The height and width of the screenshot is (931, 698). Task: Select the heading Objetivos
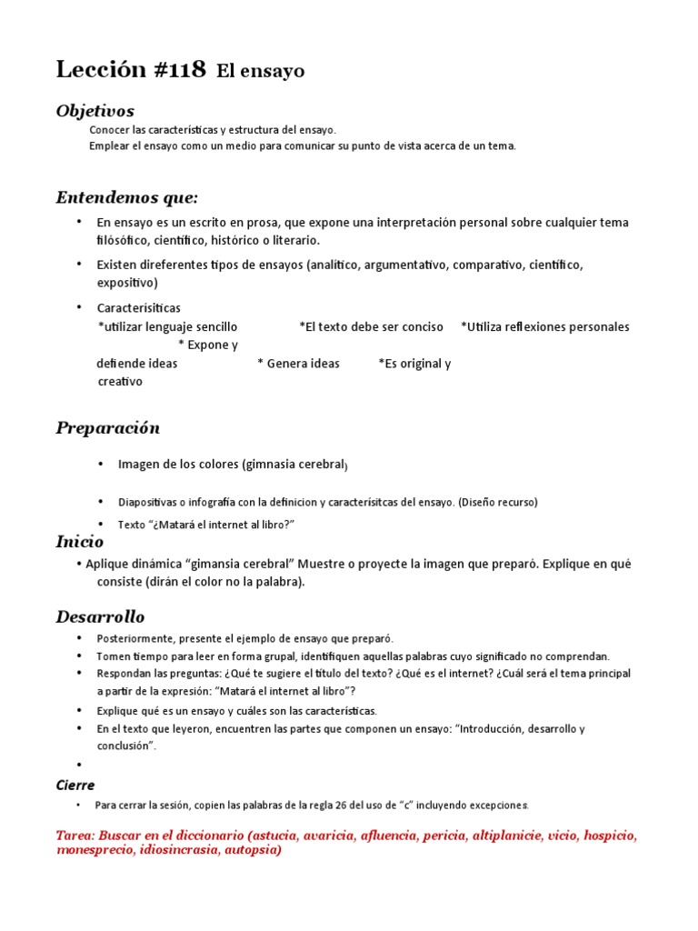95,111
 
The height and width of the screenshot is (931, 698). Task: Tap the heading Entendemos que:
126,197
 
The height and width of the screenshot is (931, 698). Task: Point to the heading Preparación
107,427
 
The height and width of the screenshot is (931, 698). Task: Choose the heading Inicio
79,542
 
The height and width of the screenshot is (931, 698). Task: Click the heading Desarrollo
100,617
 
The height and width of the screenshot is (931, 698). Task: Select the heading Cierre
75,785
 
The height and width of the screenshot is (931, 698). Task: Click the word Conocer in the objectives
109,131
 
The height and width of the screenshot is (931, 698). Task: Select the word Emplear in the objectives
109,145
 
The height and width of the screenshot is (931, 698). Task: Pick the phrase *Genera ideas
298,364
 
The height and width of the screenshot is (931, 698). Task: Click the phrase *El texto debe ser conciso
371,326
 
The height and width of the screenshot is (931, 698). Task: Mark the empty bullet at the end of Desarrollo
80,766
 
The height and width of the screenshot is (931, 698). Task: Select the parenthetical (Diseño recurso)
498,502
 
